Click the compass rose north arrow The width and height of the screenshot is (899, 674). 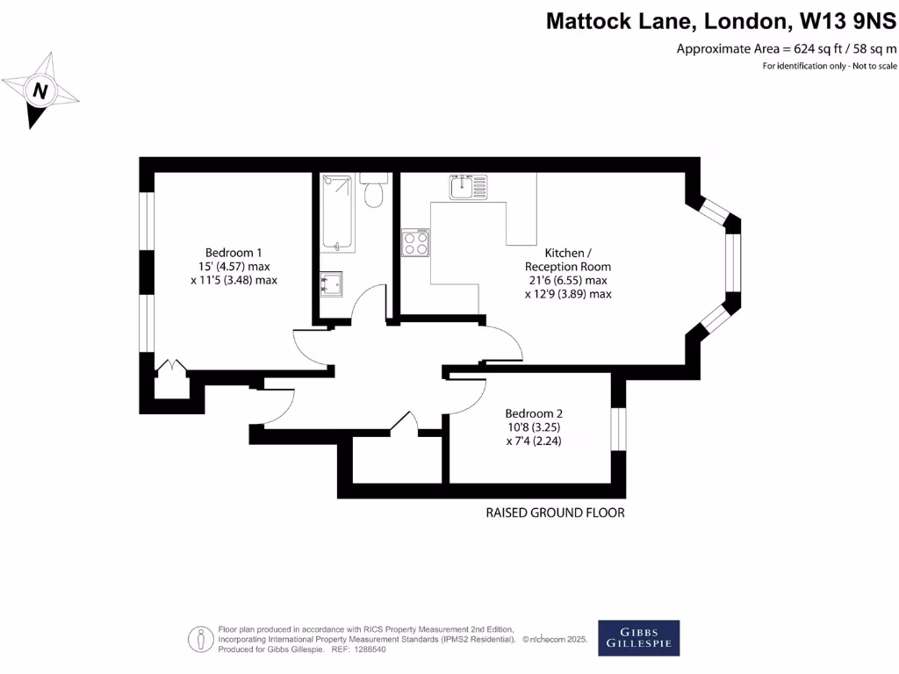pyautogui.click(x=40, y=90)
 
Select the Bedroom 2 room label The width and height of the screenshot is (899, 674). pyautogui.click(x=534, y=413)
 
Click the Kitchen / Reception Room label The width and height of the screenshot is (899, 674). pyautogui.click(x=567, y=259)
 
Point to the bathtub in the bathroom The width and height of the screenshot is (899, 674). pyautogui.click(x=338, y=213)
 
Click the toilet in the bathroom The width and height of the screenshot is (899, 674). pyautogui.click(x=374, y=191)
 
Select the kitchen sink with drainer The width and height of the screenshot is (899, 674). pyautogui.click(x=468, y=186)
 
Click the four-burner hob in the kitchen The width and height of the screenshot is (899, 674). pyautogui.click(x=415, y=242)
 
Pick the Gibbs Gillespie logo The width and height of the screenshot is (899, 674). pyautogui.click(x=638, y=638)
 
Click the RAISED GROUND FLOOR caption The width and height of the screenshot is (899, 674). pyautogui.click(x=555, y=513)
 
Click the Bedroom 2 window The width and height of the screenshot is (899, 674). pyautogui.click(x=619, y=428)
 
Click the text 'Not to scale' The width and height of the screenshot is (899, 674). pyautogui.click(x=874, y=66)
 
